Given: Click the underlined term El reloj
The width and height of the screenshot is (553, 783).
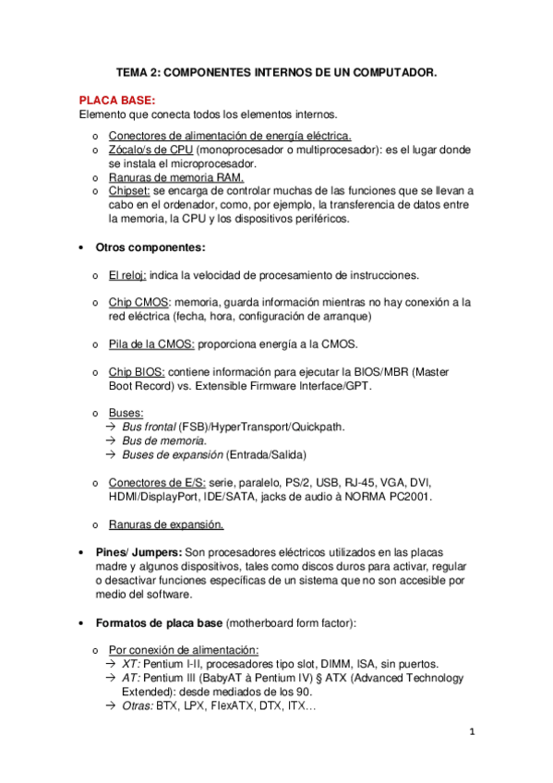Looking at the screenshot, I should coord(127,275).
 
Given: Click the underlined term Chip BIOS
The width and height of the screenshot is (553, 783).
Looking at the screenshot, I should coord(136,371).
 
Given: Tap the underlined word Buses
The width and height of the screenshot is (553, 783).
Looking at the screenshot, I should coord(126,413).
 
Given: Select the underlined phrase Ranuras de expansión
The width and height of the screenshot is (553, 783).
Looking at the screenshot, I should coord(166,524).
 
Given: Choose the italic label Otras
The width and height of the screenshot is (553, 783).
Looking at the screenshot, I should coord(138,705).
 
